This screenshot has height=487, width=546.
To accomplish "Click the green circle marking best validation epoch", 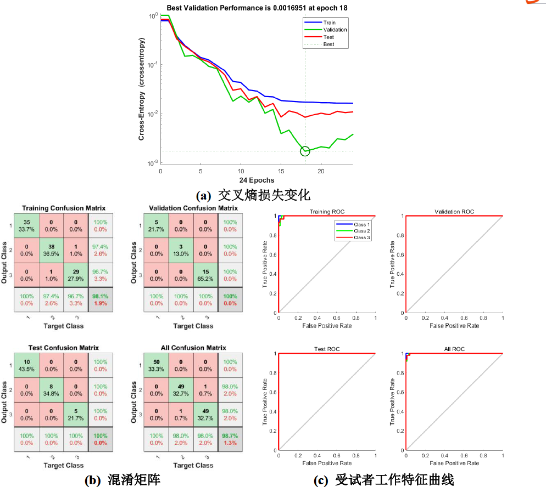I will pos(305,151).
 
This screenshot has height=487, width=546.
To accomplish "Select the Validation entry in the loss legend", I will pos(335,30).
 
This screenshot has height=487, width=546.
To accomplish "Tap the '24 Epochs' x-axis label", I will pos(257,180).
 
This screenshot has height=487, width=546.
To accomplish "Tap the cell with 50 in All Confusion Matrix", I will pos(157,365).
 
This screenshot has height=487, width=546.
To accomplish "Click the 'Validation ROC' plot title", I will pos(454,212).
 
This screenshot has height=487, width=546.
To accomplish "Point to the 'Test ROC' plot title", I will pos(327,349).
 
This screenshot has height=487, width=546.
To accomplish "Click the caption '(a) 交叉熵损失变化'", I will pos(253,195).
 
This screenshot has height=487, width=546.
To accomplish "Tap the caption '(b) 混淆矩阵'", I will pos(122,479).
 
